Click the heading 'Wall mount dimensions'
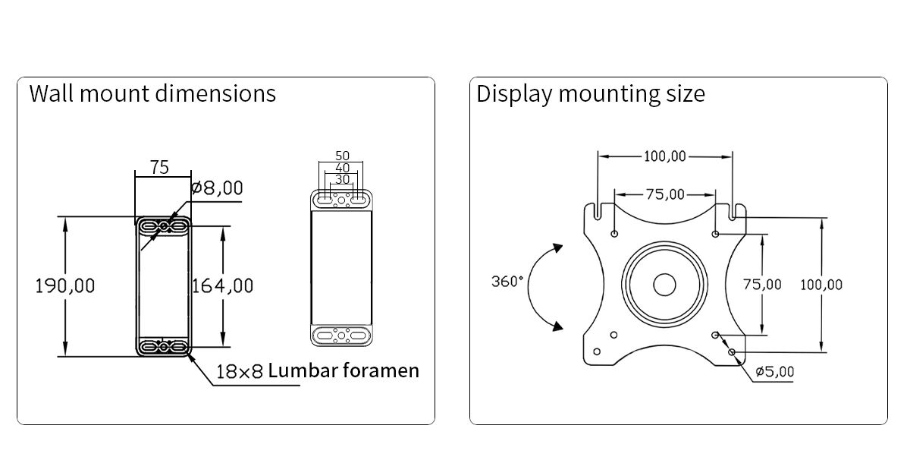tap(152, 93)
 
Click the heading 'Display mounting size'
tap(591, 94)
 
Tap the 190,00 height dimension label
tap(65, 286)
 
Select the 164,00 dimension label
tap(223, 286)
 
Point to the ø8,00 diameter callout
tap(217, 188)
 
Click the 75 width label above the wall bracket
tap(159, 167)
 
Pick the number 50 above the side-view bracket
tap(343, 156)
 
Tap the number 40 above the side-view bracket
tap(343, 168)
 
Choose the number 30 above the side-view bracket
tap(343, 179)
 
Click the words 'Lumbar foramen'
tap(344, 370)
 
